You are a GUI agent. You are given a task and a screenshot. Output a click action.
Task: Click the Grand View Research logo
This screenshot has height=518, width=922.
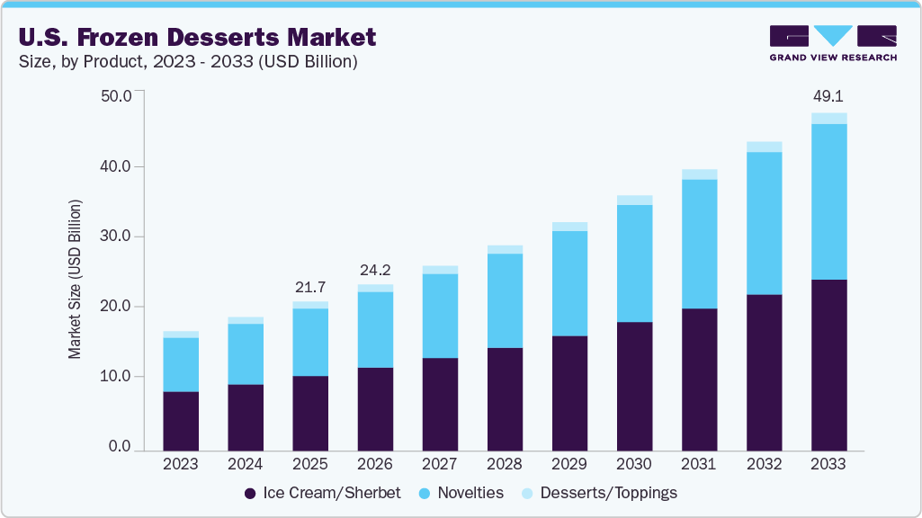click(x=832, y=43)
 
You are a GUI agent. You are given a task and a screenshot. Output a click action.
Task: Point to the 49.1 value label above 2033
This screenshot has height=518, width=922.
click(x=828, y=96)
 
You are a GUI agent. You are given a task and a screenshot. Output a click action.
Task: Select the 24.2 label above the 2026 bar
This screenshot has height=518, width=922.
click(x=374, y=269)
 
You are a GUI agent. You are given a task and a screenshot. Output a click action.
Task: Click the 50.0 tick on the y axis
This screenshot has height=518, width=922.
click(x=117, y=96)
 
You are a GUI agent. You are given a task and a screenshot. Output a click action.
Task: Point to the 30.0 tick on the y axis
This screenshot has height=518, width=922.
click(x=117, y=237)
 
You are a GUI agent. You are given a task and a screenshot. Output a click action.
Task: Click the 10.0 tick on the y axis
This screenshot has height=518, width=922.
click(x=117, y=377)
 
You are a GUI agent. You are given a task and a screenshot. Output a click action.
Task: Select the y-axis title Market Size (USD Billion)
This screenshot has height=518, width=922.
click(x=76, y=280)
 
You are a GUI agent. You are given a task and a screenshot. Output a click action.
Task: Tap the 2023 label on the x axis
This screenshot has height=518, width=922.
click(x=180, y=465)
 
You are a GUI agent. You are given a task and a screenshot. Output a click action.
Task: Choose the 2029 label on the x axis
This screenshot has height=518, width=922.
click(x=568, y=465)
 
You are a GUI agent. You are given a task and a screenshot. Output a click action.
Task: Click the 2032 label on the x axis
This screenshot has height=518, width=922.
click(x=764, y=465)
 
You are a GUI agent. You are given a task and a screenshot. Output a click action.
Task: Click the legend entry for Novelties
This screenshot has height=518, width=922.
click(x=461, y=493)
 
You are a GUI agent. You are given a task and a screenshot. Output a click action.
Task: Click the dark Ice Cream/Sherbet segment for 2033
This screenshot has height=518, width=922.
click(x=828, y=364)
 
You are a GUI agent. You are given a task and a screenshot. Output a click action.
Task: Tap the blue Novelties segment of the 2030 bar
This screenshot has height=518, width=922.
click(x=634, y=263)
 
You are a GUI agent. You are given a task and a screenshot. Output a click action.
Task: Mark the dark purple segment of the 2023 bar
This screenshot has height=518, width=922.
click(x=180, y=421)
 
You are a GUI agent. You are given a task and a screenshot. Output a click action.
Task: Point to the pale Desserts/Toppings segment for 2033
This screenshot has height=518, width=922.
click(x=828, y=119)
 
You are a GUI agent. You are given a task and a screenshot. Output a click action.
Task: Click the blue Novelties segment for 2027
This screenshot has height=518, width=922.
click(x=440, y=316)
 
